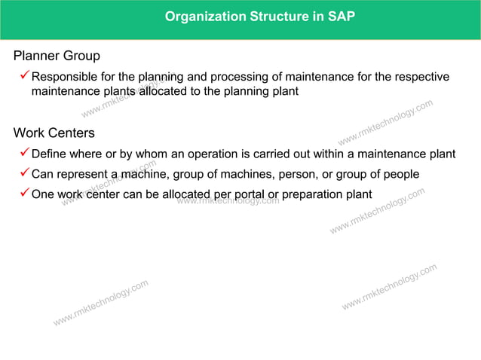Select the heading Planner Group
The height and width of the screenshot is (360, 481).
click(x=57, y=56)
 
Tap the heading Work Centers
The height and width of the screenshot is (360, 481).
click(x=54, y=133)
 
